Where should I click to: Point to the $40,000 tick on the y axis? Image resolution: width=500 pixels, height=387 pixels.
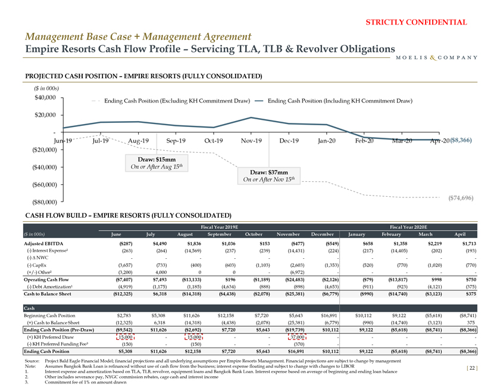45,97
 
